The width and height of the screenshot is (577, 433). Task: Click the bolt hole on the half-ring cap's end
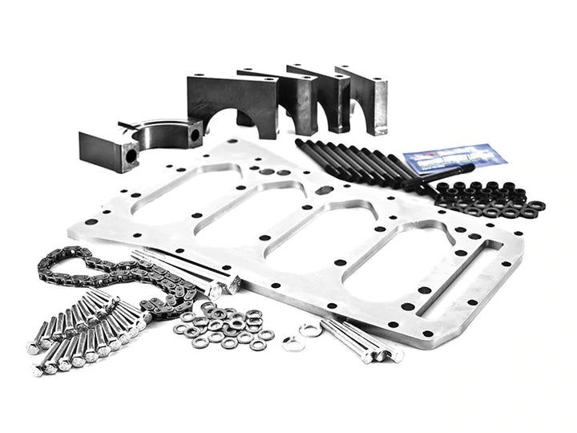point(194,136)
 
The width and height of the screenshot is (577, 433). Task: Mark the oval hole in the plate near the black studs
point(325,190)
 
